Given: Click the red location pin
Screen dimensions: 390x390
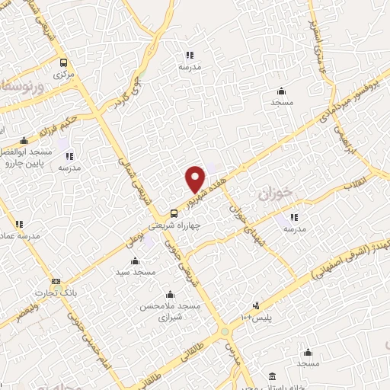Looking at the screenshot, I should tap(196, 179).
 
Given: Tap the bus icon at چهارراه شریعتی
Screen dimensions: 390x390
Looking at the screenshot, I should tap(174, 214).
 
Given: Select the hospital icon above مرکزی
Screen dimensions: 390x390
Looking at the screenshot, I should tap(63, 63).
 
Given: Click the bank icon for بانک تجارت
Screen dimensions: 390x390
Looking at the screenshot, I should tap(55, 280).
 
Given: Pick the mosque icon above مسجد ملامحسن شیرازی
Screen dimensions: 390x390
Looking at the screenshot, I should tap(169, 294).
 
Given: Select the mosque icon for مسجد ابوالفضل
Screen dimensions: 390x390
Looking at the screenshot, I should tap(24, 140).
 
